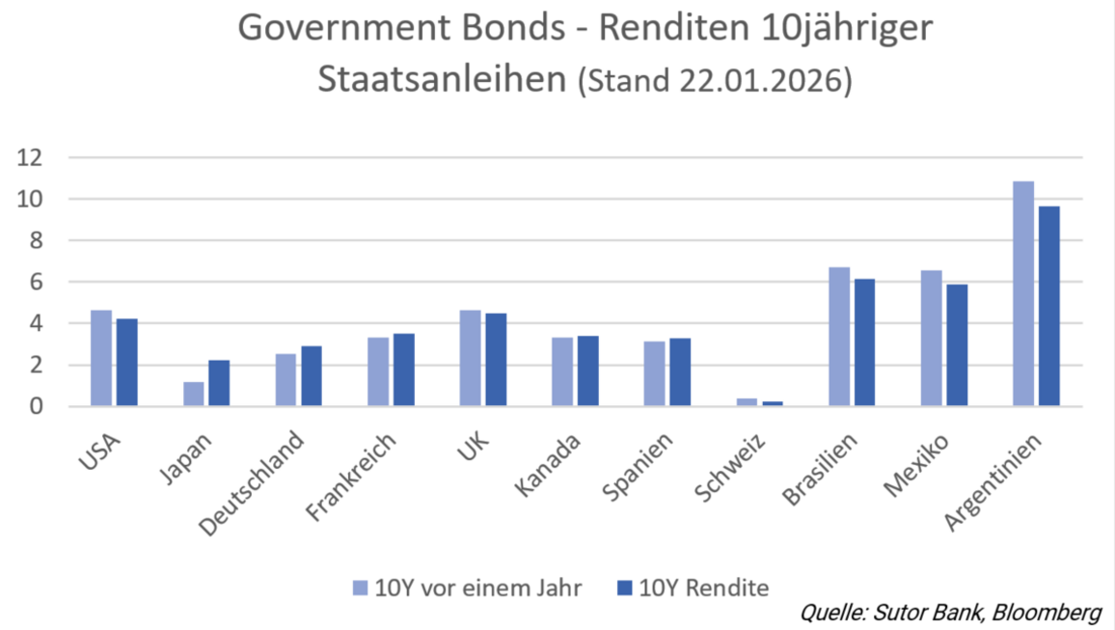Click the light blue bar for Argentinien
(x=1023, y=293)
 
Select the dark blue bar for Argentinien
(x=1049, y=306)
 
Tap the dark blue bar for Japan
(x=219, y=383)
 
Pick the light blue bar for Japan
(x=194, y=394)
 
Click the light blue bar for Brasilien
(x=839, y=337)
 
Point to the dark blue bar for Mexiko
(x=957, y=345)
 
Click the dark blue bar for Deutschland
(x=312, y=376)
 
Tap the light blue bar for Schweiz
(x=747, y=402)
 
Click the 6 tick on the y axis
(x=36, y=282)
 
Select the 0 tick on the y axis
(x=36, y=406)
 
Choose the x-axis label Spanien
(x=638, y=467)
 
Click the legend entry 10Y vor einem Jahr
(x=467, y=588)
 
